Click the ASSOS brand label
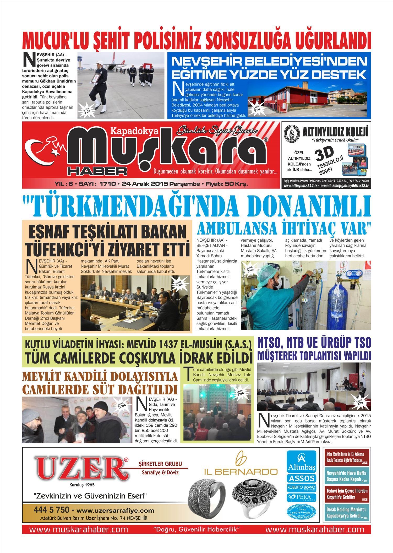tap(301, 478)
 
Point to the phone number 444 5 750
tap(52, 510)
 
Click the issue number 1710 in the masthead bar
tap(107, 184)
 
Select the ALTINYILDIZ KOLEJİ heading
tap(335, 132)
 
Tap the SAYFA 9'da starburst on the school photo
tap(257, 108)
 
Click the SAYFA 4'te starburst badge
tap(360, 402)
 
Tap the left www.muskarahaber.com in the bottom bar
tap(79, 529)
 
